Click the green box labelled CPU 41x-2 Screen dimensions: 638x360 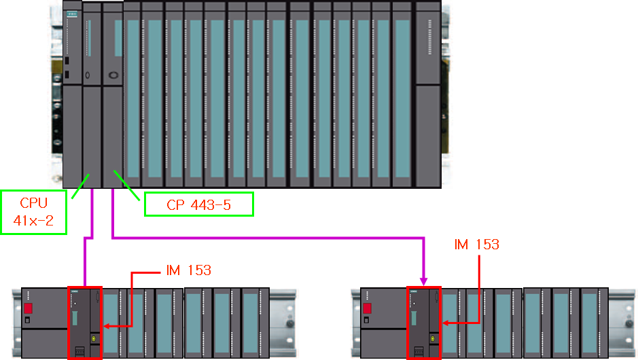[x=34, y=212]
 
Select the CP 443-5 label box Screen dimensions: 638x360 [x=198, y=204]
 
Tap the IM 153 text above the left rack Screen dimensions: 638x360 [x=189, y=270]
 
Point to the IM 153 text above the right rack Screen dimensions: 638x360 [x=476, y=245]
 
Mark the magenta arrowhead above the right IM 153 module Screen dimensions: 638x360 [x=424, y=280]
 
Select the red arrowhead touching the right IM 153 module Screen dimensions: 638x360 [x=444, y=326]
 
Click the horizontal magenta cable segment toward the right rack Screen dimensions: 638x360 [x=272, y=238]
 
